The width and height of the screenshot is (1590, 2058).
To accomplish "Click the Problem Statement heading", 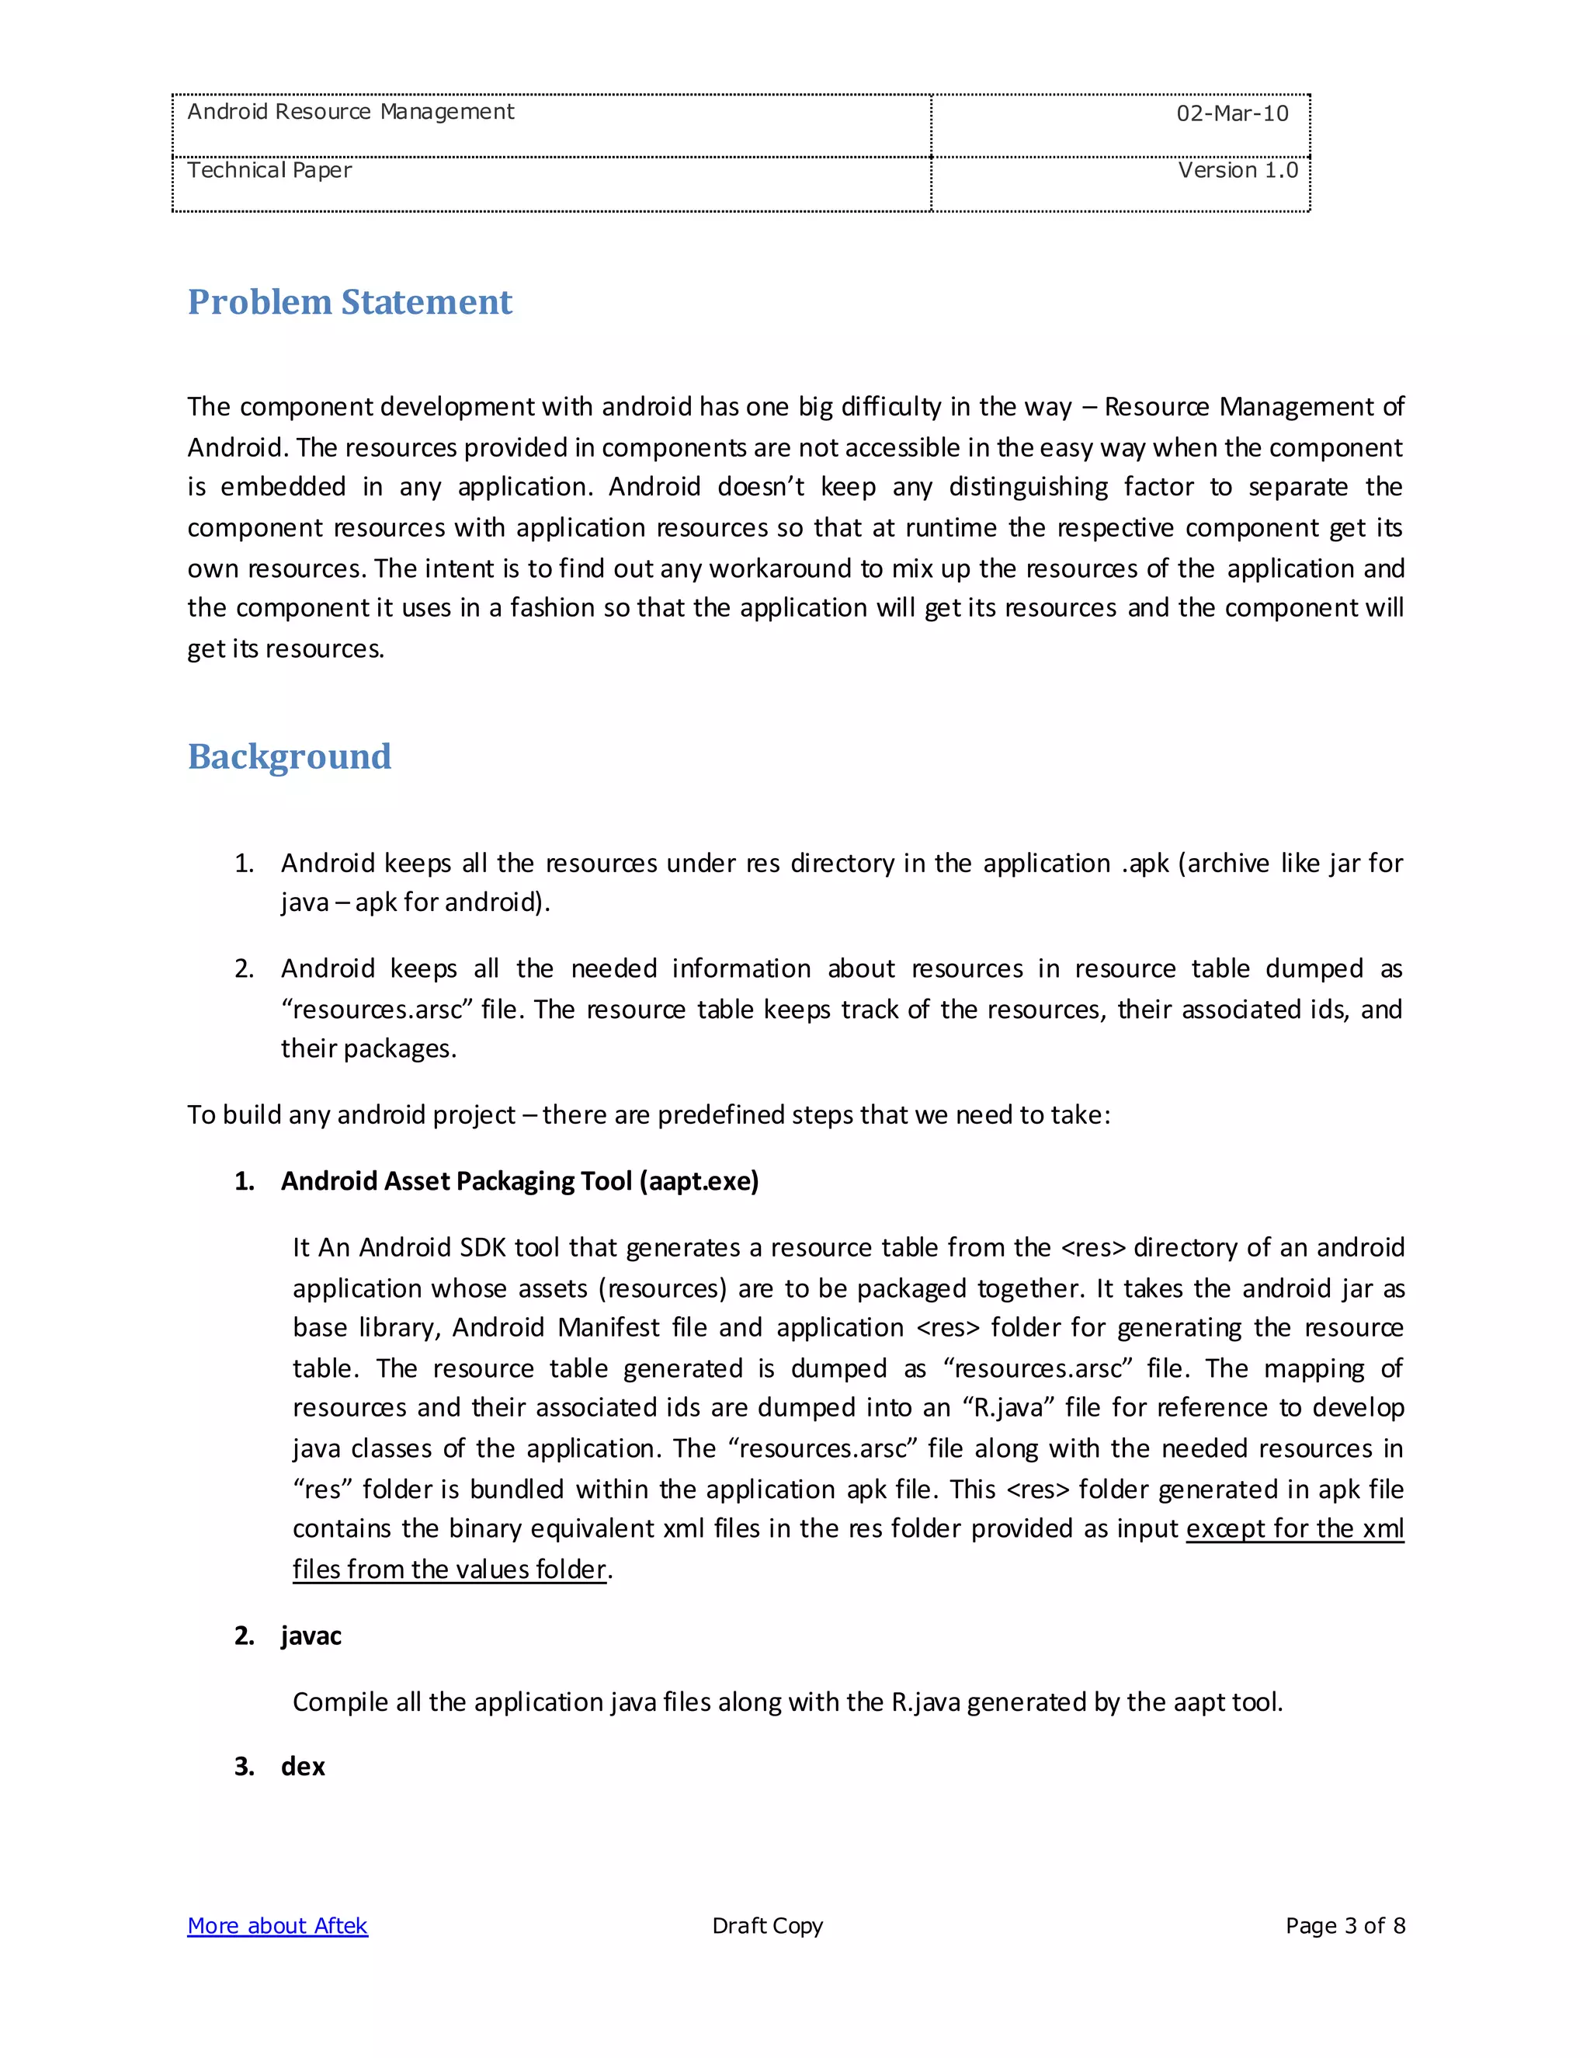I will pos(349,302).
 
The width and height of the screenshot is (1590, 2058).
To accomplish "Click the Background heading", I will pos(289,756).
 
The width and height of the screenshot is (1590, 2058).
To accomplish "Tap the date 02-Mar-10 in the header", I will pos(1231,114).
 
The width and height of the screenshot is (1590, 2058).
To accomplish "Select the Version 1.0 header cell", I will pos(1237,171).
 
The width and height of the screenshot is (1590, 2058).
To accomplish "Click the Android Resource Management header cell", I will pos(350,112).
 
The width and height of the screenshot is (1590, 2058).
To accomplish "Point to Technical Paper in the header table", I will pos(269,171).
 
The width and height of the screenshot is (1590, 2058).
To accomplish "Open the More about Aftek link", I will pos(277,1925).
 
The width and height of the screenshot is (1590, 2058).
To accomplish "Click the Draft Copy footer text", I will pos(767,1925).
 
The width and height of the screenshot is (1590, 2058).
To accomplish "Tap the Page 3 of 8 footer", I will pos(1344,1925).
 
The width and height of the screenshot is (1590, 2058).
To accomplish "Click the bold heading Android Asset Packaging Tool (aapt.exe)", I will pos(519,1180).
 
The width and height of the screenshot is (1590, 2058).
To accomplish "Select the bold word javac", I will pos(311,1635).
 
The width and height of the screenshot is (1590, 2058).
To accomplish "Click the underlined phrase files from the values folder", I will pos(450,1569).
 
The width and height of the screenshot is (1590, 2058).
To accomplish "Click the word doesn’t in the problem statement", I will pos(760,487).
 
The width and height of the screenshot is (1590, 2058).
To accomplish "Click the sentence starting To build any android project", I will pos(648,1114).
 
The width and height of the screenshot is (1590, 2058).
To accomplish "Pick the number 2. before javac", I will pos(244,1635).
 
